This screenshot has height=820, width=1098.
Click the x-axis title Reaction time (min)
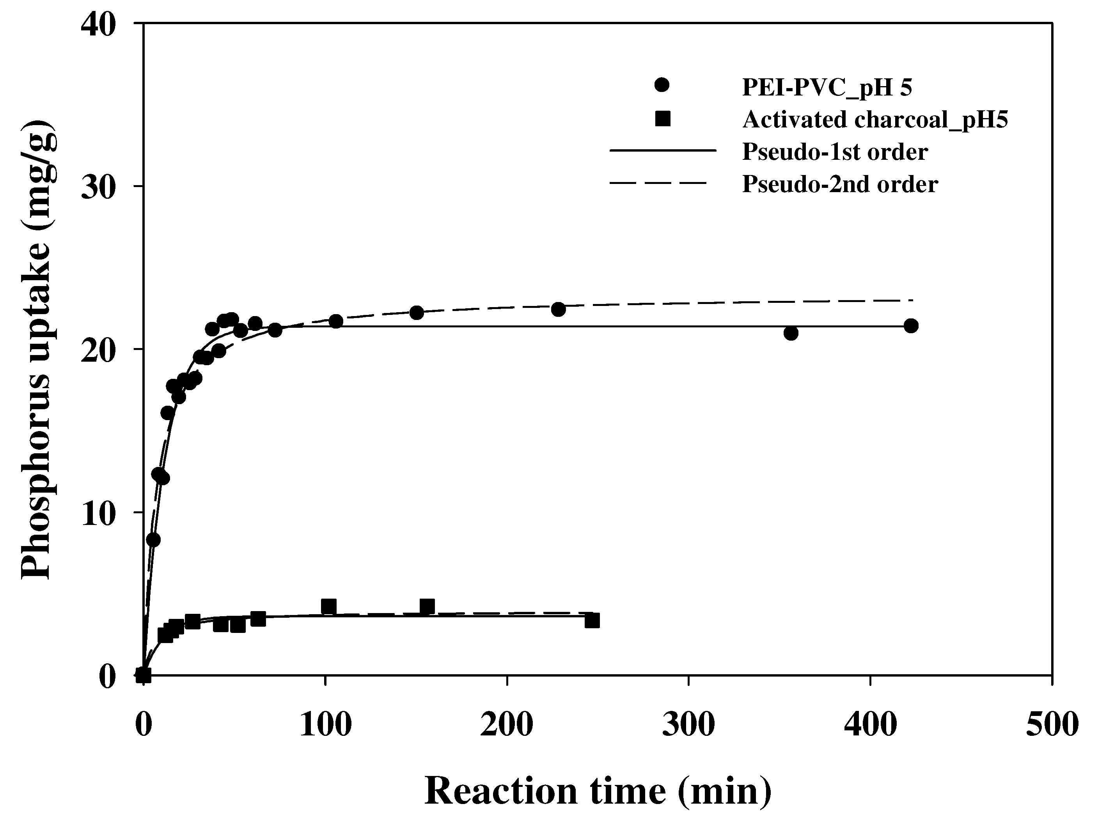598,791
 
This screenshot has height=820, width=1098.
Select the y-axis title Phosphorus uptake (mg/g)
37,349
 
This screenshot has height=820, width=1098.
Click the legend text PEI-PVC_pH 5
827,87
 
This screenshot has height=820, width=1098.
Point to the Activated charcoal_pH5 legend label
874,120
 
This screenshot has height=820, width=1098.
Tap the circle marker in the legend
662,85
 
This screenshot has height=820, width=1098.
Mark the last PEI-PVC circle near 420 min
911,326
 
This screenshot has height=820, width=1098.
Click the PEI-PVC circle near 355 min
791,333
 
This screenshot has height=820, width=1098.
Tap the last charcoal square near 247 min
592,620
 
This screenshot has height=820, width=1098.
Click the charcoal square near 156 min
427,606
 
